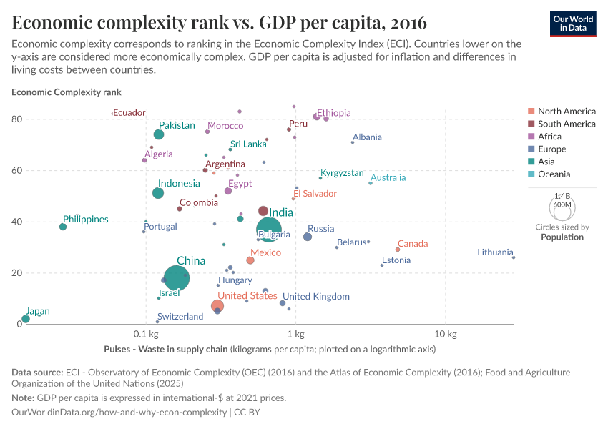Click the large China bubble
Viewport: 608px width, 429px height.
176,278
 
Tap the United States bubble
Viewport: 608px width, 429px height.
217,306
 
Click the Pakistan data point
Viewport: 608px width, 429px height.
159,134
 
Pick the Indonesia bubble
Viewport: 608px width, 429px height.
158,193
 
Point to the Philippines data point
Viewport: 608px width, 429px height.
63,227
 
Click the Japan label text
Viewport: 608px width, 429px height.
38,312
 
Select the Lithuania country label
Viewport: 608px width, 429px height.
495,252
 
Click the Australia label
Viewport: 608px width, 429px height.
388,177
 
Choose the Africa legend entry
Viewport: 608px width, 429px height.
550,137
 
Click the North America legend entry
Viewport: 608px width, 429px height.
567,112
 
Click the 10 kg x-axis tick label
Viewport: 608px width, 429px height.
446,335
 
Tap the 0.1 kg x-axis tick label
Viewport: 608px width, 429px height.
145,335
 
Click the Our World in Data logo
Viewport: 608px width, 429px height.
573,24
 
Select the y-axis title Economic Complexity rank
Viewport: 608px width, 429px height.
67,92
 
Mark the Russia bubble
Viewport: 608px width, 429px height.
308,237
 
